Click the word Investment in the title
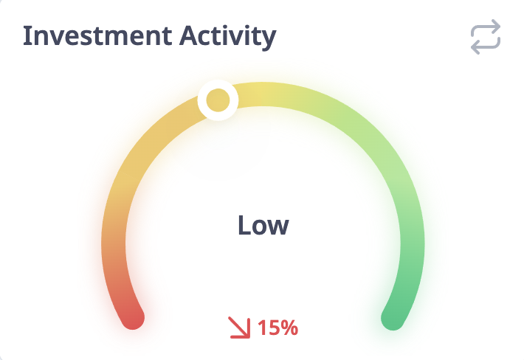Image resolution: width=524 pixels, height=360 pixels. point(97,35)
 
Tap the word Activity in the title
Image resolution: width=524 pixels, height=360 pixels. point(228,38)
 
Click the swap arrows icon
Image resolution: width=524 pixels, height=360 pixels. point(486,37)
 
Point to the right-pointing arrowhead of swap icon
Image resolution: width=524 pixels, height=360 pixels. point(496,26)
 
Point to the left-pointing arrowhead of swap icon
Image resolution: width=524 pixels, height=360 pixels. point(475,47)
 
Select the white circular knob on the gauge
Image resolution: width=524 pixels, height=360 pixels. point(218,100)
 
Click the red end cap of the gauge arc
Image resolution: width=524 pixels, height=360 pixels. point(133,318)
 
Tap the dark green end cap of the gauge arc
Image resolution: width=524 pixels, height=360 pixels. point(393,318)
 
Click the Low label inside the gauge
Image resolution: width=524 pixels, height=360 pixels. point(263,225)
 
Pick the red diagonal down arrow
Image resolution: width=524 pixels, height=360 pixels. point(240,328)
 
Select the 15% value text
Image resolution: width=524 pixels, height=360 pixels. point(277,328)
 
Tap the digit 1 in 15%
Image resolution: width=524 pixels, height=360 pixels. point(262,328)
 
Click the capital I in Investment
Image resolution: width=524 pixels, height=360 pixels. point(26,35)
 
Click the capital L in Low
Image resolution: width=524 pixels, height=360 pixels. point(244,225)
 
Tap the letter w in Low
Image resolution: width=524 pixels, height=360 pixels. point(278,227)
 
